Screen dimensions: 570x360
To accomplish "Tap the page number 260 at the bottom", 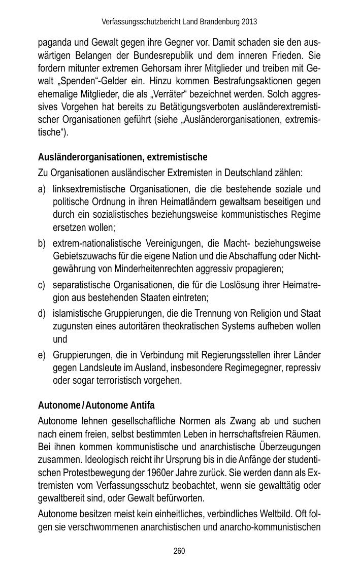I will coord(179,551).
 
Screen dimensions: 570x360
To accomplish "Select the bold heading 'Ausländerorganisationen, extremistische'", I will coord(122,157).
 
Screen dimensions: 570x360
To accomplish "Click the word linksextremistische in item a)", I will coord(89,189).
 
